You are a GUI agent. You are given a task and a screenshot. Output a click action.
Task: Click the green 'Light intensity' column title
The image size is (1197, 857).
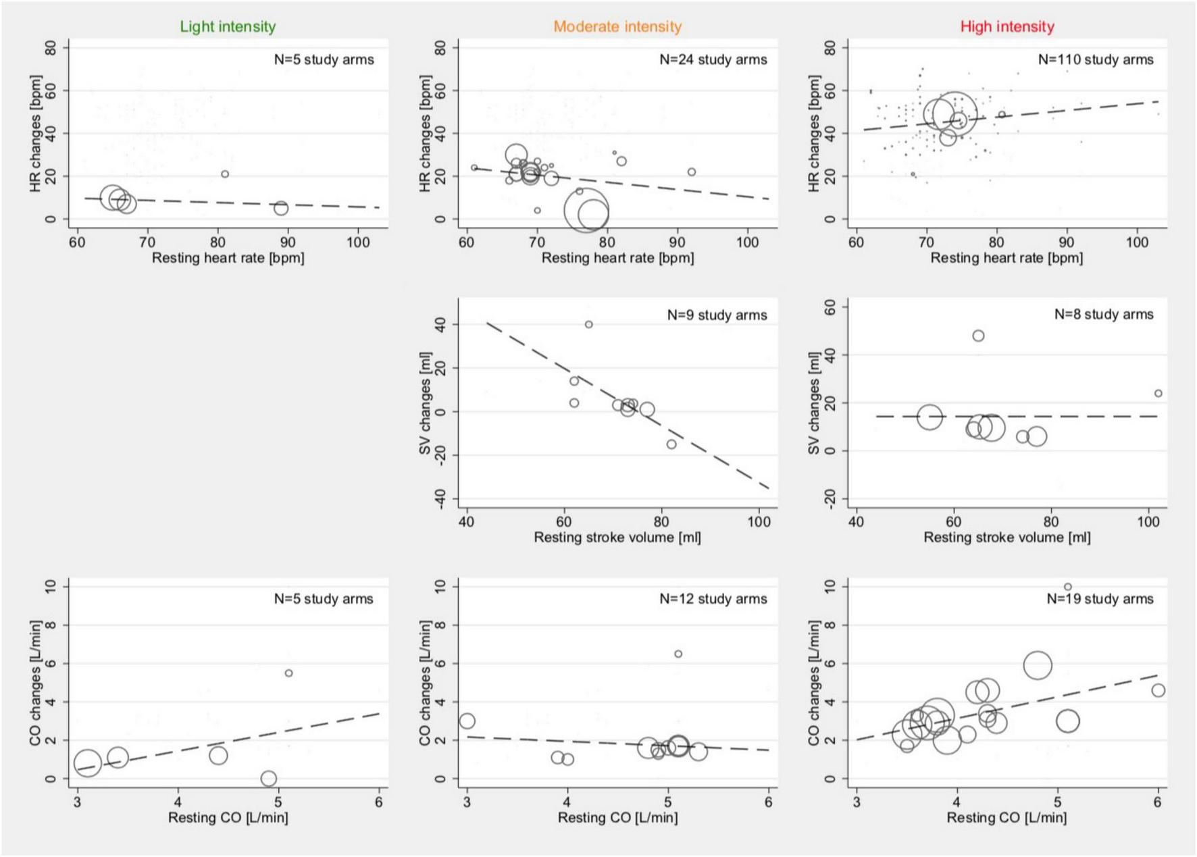tap(228, 27)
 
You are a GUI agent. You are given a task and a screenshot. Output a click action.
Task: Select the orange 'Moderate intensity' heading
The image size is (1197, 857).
tap(617, 27)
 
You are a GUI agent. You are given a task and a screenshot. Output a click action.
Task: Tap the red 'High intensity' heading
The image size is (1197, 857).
tap(1007, 27)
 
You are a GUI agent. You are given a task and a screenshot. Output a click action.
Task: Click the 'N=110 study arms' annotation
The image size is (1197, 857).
tap(1095, 59)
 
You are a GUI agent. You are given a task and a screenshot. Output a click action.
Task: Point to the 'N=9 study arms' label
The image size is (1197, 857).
tap(717, 315)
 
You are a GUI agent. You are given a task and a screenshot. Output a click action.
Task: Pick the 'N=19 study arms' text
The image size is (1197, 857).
tap(1100, 599)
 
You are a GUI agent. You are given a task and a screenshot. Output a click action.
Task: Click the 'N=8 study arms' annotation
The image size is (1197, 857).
tap(1104, 315)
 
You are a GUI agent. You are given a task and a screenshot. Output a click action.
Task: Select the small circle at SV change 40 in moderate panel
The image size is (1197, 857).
tap(588, 325)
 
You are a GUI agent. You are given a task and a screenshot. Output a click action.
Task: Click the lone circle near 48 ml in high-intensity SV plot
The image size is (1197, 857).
tap(977, 336)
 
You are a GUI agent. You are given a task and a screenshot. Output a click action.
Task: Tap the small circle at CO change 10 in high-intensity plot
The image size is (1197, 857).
tap(1067, 587)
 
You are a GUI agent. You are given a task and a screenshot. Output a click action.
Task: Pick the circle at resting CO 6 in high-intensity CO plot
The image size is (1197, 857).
tap(1158, 690)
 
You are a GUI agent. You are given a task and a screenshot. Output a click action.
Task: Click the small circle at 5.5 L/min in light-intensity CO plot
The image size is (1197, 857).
tap(288, 673)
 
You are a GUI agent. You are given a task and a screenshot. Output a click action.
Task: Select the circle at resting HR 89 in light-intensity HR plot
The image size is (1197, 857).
tap(281, 208)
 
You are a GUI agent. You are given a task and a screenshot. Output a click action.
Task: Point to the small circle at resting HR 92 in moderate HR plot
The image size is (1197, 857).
tap(691, 172)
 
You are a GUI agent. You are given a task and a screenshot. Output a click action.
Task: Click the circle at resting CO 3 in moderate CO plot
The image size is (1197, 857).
tap(467, 721)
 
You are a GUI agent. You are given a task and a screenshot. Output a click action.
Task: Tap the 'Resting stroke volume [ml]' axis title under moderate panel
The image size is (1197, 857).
tap(617, 538)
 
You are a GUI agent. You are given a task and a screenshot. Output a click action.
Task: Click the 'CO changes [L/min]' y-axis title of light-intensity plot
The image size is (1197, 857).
tap(35, 682)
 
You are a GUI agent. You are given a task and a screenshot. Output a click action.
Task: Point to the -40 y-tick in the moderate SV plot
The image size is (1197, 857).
tap(440, 499)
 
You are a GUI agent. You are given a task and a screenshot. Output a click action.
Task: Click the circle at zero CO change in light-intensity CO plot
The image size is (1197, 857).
tap(268, 779)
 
